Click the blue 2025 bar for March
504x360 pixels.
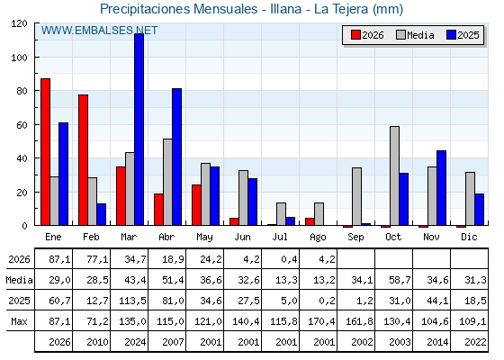click(139, 130)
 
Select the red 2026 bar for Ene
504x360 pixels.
click(45, 152)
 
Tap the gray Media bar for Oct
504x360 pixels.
click(394, 175)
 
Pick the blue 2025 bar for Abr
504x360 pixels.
click(176, 157)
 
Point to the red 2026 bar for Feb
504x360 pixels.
click(83, 160)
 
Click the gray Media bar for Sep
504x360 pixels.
click(356, 196)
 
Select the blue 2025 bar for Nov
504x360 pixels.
click(441, 188)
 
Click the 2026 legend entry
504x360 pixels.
click(367, 35)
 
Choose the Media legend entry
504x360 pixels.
click(415, 35)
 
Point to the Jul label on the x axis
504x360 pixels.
click(280, 237)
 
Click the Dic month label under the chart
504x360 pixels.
click(469, 237)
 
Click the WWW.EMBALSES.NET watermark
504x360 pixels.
click(99, 31)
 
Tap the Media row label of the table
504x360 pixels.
click(19, 280)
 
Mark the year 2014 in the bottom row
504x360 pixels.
click(437, 342)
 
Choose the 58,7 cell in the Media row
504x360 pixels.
click(400, 280)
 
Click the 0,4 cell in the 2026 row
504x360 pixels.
click(289, 259)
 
